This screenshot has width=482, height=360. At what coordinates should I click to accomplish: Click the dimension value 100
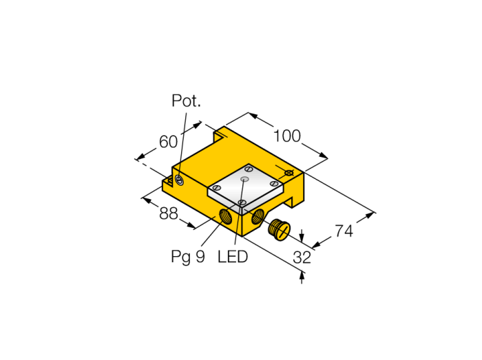point(287,136)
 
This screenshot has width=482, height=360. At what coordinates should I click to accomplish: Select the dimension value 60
point(168,142)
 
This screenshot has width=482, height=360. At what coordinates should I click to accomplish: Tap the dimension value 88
point(169,213)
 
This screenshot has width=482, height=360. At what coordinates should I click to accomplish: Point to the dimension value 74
point(344,231)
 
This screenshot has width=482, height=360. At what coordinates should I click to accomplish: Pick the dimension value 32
point(302,257)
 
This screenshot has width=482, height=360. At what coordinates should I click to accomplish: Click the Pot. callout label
point(186,100)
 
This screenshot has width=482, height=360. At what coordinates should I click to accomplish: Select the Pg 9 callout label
point(187,257)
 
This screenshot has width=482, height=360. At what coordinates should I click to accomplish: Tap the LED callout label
point(233,257)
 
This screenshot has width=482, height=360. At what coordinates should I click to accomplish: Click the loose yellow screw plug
point(279,230)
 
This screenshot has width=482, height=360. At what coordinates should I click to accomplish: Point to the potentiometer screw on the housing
point(179,180)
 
